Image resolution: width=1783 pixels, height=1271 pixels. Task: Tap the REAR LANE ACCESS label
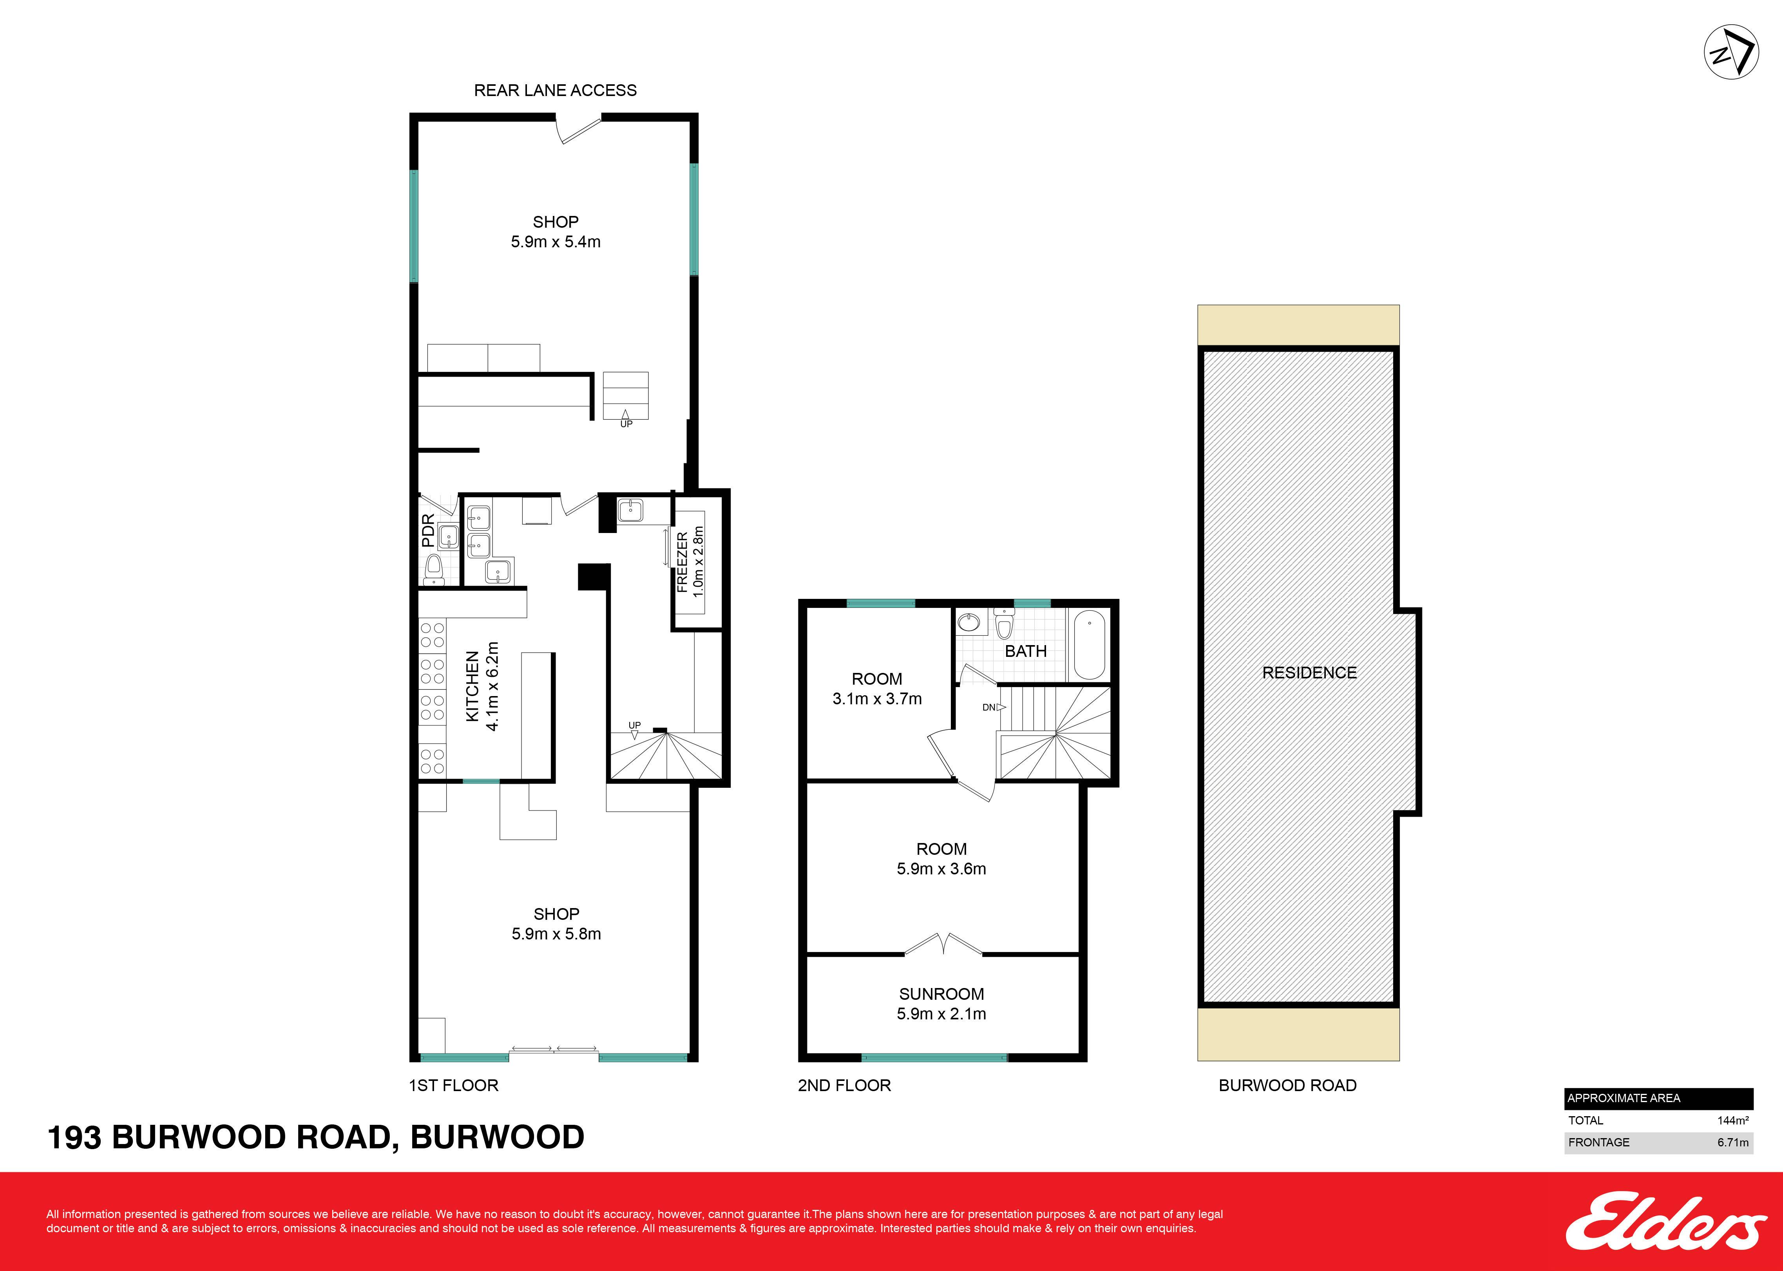click(556, 90)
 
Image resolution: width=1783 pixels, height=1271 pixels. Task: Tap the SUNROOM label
click(941, 994)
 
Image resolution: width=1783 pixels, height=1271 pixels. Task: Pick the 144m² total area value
click(1733, 1120)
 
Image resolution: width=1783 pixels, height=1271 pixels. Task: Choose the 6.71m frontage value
click(1733, 1142)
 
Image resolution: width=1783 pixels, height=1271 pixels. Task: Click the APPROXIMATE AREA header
click(1624, 1098)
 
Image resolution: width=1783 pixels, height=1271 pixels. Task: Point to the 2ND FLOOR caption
click(844, 1086)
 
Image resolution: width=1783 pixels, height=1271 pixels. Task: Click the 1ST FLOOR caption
click(454, 1086)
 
